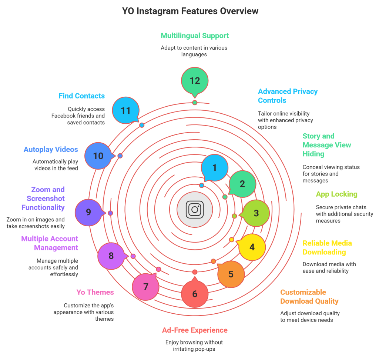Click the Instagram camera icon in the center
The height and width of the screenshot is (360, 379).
pyautogui.click(x=195, y=209)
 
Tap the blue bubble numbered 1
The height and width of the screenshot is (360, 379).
pyautogui.click(x=214, y=168)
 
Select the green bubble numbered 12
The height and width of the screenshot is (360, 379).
pyautogui.click(x=195, y=81)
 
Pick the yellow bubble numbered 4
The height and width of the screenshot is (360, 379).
pyautogui.click(x=252, y=247)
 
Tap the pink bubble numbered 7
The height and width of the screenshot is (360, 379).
pyautogui.click(x=146, y=286)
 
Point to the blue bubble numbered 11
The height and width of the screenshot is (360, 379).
pyautogui.click(x=126, y=110)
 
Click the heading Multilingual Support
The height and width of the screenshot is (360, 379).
pyautogui.click(x=195, y=36)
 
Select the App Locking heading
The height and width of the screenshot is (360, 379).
pyautogui.click(x=336, y=194)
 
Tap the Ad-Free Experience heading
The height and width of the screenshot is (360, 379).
pyautogui.click(x=195, y=330)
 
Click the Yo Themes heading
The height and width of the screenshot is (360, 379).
pyautogui.click(x=95, y=292)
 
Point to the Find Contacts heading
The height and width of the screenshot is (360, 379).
pyautogui.click(x=81, y=96)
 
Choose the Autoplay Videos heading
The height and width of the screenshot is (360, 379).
pyautogui.click(x=51, y=150)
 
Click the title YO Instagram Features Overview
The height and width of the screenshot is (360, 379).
pyautogui.click(x=190, y=11)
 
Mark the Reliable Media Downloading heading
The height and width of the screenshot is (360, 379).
pyautogui.click(x=327, y=248)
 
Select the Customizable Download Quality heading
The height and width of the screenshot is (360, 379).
pyautogui.click(x=309, y=296)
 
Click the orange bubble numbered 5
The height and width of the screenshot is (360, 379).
pyautogui.click(x=231, y=274)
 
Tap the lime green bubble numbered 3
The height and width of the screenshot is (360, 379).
pyautogui.click(x=256, y=213)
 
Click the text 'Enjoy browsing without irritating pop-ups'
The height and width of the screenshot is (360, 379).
pyautogui.click(x=194, y=346)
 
